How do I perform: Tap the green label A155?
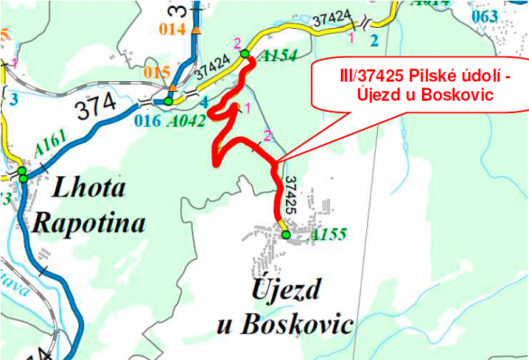tap(328, 235)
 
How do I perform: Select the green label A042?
tap(192, 118)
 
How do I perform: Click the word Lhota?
tap(90, 188)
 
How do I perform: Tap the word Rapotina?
tap(87, 221)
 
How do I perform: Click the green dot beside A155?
tap(286, 235)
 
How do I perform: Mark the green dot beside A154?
tap(245, 56)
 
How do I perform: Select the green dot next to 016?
tap(167, 101)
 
